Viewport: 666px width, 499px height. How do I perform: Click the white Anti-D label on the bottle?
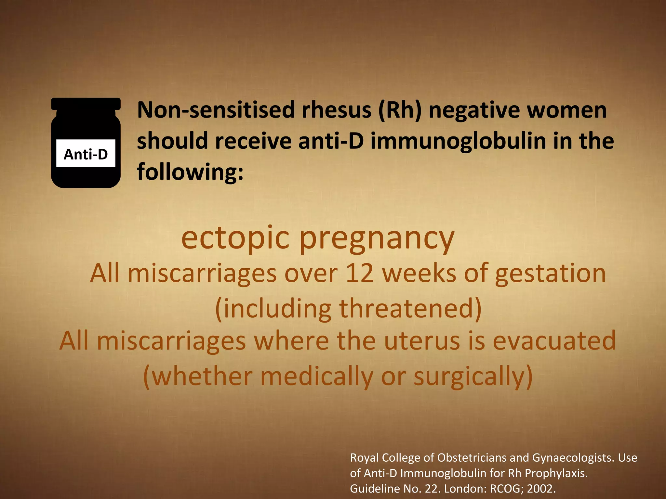click(86, 154)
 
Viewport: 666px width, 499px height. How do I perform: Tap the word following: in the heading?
click(190, 172)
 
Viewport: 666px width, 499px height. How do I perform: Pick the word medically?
click(317, 376)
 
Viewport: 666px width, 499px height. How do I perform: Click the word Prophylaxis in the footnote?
click(556, 473)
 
